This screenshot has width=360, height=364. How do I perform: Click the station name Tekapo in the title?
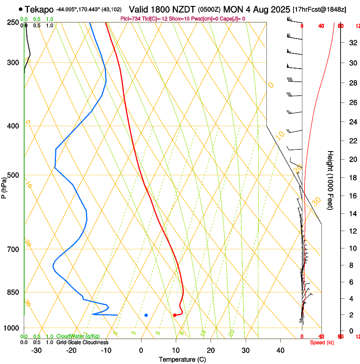pyautogui.click(x=39, y=9)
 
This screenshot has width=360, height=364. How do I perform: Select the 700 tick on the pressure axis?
pyautogui.click(x=14, y=249)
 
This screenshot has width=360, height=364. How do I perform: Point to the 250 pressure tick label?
pyautogui.click(x=14, y=22)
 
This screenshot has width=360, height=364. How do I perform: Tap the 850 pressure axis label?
pyautogui.click(x=14, y=292)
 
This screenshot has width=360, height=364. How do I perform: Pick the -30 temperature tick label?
pyautogui.click(x=36, y=350)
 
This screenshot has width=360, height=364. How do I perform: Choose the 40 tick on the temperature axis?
pyautogui.click(x=280, y=350)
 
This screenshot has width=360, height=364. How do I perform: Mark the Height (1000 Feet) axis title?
pyautogui.click(x=330, y=180)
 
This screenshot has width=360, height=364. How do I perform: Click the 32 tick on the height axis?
pyautogui.click(x=352, y=42)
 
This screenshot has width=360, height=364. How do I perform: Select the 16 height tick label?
pyautogui.click(x=352, y=196)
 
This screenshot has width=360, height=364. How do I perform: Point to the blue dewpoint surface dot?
pyautogui.click(x=146, y=315)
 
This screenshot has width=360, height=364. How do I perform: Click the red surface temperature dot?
pyautogui.click(x=174, y=315)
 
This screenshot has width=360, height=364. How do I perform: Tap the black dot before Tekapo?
pyautogui.click(x=20, y=9)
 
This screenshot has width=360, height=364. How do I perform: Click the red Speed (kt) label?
pyautogui.click(x=321, y=342)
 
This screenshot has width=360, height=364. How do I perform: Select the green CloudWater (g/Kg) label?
pyautogui.click(x=78, y=336)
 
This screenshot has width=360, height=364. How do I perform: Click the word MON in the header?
pyautogui.click(x=233, y=9)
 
